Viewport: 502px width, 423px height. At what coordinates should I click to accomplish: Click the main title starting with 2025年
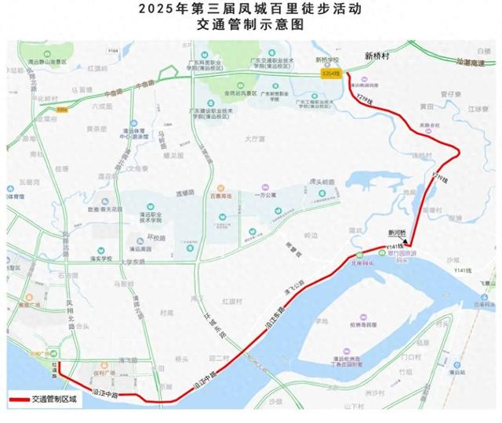250,9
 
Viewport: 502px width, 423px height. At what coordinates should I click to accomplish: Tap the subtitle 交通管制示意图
250,25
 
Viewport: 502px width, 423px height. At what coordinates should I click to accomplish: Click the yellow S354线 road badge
330,73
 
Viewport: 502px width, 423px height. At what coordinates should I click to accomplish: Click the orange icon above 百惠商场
220,189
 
